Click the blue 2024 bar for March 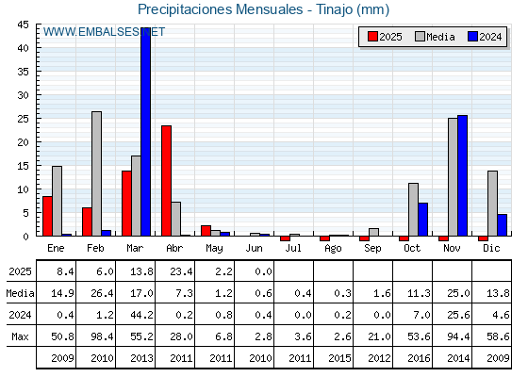click(x=146, y=132)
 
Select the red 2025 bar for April click(x=166, y=181)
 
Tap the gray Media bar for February click(x=96, y=173)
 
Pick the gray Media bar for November click(x=453, y=177)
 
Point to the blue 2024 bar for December click(x=502, y=225)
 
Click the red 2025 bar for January click(x=47, y=216)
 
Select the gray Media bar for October click(x=414, y=209)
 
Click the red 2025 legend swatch click(x=372, y=37)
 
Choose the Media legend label click(x=440, y=37)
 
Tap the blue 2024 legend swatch click(x=472, y=37)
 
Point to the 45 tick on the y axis click(x=24, y=25)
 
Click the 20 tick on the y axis click(x=24, y=142)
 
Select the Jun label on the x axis click(x=254, y=249)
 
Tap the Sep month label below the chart click(x=372, y=249)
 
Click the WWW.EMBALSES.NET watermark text click(x=104, y=32)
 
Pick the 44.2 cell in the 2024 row click(x=141, y=315)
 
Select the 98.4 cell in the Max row click(x=102, y=336)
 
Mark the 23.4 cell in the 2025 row click(x=181, y=271)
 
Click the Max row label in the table click(x=20, y=336)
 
